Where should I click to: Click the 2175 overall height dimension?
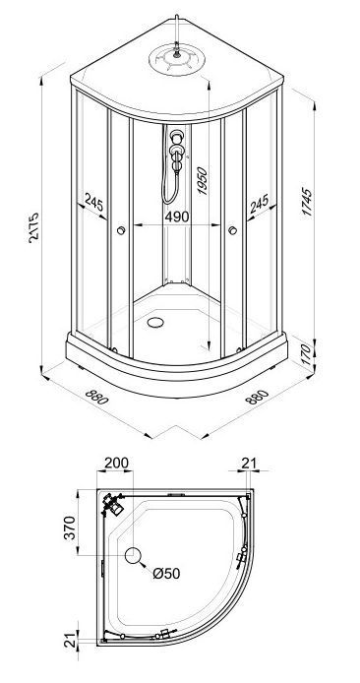pos(34,227)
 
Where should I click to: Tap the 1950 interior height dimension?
pos(202,180)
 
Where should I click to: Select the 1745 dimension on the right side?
pos(307,202)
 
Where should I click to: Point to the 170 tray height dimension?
pos(307,354)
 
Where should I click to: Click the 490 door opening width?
pos(177,217)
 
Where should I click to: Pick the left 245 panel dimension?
pos(94,203)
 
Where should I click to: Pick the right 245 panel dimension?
pos(259,204)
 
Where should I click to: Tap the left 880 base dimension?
pos(96,397)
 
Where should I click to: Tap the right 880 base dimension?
pos(257,397)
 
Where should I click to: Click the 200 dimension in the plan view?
pos(117,463)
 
